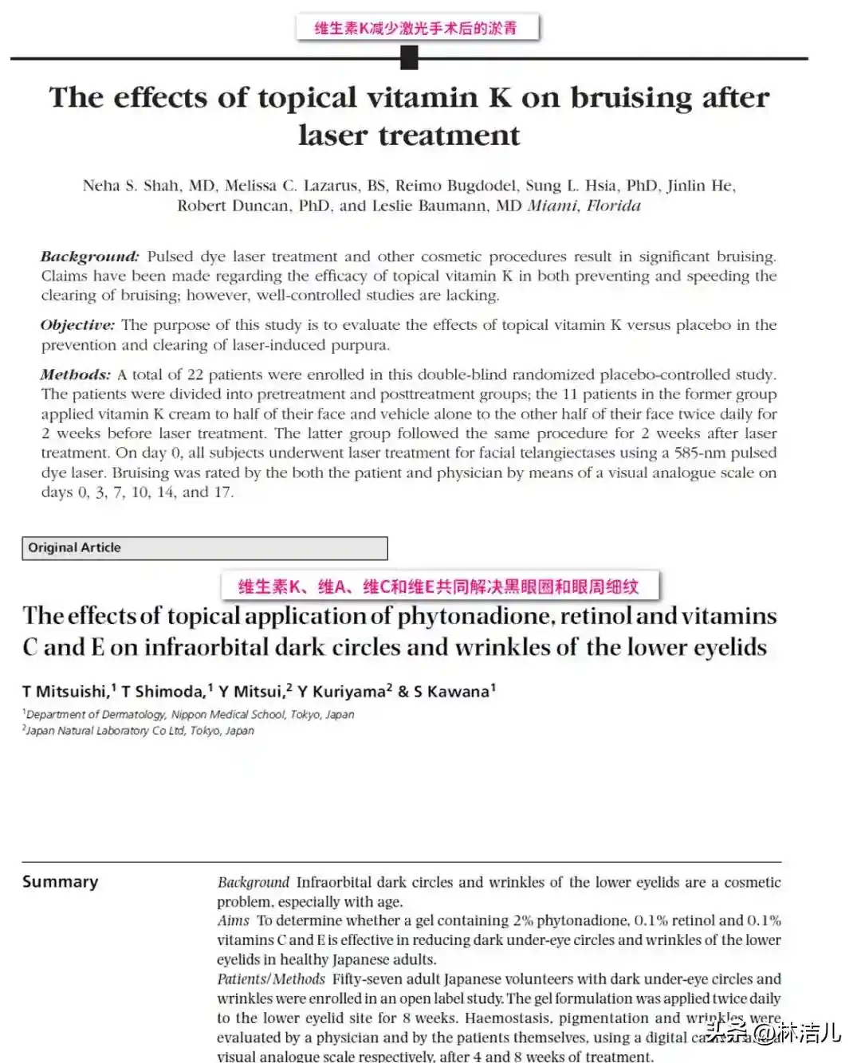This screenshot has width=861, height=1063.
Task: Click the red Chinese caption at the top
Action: pyautogui.click(x=416, y=28)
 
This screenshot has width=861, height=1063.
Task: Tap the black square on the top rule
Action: pyautogui.click(x=409, y=57)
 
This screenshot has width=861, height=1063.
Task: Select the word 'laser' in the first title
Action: pyautogui.click(x=333, y=135)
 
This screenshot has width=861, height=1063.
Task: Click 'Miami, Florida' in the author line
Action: pyautogui.click(x=584, y=206)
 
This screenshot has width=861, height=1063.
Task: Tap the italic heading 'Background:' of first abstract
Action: pyautogui.click(x=89, y=257)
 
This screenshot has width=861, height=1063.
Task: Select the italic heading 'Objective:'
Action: pyautogui.click(x=77, y=325)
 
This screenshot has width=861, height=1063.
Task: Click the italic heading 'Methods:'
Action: pyautogui.click(x=76, y=375)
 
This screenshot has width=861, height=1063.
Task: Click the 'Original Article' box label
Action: pyautogui.click(x=75, y=547)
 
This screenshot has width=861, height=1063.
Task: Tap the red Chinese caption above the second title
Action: pyautogui.click(x=438, y=587)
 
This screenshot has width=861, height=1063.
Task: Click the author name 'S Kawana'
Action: pyautogui.click(x=451, y=691)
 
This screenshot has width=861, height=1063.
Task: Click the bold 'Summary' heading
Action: pyautogui.click(x=61, y=881)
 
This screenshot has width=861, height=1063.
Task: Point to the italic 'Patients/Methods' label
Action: pyautogui.click(x=271, y=979)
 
